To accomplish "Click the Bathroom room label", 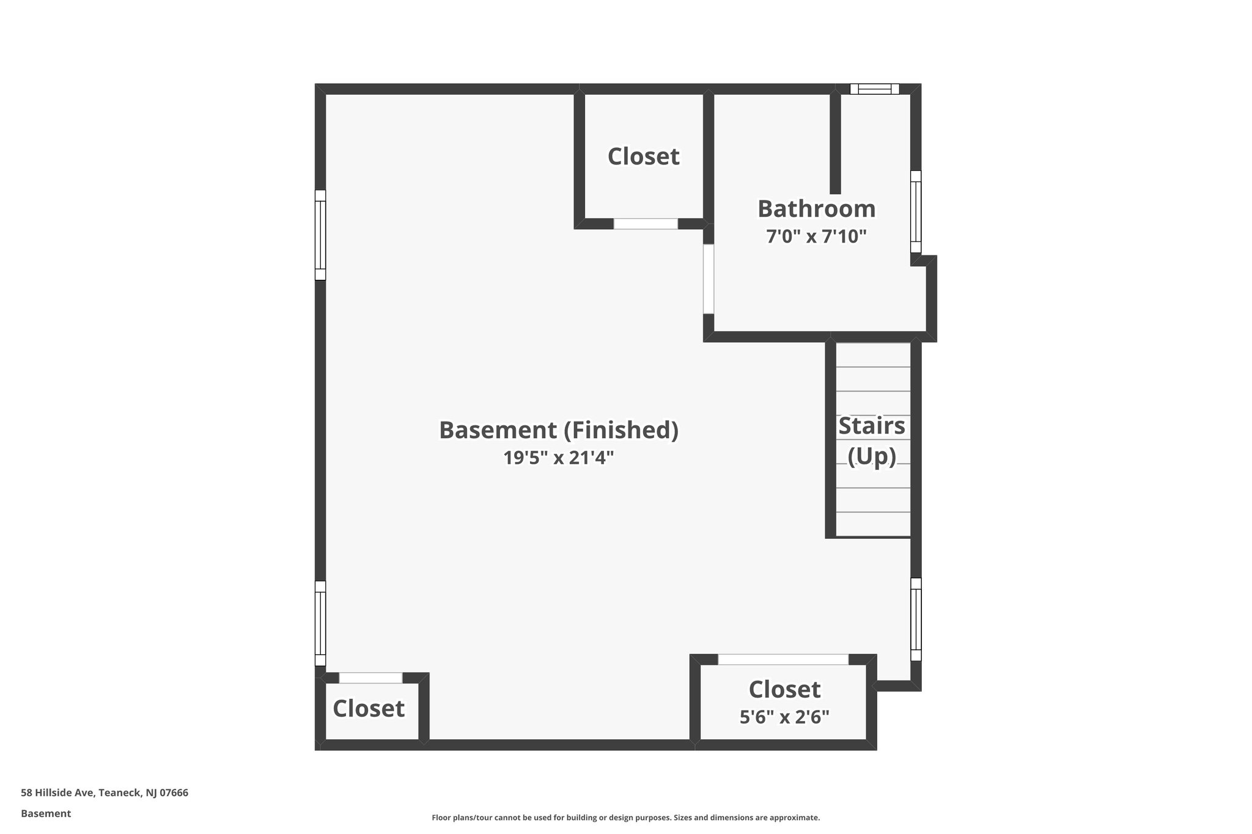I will (816, 209).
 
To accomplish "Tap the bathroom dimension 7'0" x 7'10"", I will (816, 236).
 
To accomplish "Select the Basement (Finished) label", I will (559, 430).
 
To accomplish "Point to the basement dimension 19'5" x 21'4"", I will (559, 458).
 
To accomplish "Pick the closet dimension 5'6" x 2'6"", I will (784, 717).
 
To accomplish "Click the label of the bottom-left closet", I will (369, 709).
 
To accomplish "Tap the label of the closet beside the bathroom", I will (643, 156).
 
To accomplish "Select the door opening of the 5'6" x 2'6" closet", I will (783, 659).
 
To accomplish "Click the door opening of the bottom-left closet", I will (370, 678).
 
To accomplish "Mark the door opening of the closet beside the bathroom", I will (646, 224).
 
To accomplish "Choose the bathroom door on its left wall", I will (709, 279).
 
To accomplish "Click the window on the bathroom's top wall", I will (874, 89).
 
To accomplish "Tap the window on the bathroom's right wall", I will (915, 211).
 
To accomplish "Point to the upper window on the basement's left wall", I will (320, 235).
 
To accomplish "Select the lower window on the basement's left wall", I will (320, 623).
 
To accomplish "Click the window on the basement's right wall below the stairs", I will (915, 619).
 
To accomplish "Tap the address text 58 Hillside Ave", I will (105, 793).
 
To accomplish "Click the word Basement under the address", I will (46, 814).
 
